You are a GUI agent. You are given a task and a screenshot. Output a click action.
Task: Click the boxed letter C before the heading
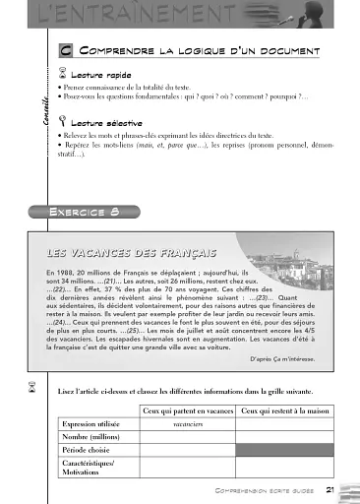coord(64,49)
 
